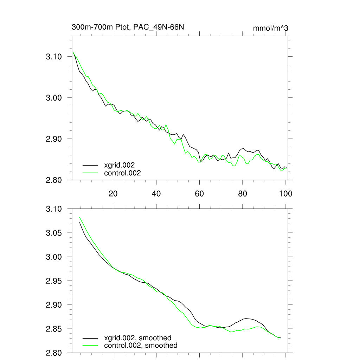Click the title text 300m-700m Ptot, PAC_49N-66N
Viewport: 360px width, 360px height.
[x=128, y=27]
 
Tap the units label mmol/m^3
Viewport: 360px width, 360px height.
[x=270, y=28]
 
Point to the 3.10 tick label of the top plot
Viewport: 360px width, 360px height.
[x=54, y=57]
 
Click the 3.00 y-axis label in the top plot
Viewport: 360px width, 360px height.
[x=54, y=98]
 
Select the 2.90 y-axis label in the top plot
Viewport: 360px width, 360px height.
[x=54, y=139]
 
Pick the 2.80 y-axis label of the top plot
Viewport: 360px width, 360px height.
[x=54, y=180]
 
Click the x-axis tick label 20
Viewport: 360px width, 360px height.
[x=113, y=193]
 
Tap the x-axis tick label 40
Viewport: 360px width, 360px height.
[x=156, y=193]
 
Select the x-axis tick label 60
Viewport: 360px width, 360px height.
[x=199, y=193]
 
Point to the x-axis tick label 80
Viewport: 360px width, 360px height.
[x=243, y=193]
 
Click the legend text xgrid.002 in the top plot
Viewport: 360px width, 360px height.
[x=119, y=165]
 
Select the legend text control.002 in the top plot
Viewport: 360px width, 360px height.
[x=122, y=173]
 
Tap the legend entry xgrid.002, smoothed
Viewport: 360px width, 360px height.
[x=137, y=338]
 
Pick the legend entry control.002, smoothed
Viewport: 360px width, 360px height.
[x=141, y=346]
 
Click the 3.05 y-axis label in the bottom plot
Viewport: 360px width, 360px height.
[x=54, y=233]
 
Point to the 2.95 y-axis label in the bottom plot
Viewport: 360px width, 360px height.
[x=54, y=281]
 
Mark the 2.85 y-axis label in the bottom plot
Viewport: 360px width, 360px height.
[x=54, y=329]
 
